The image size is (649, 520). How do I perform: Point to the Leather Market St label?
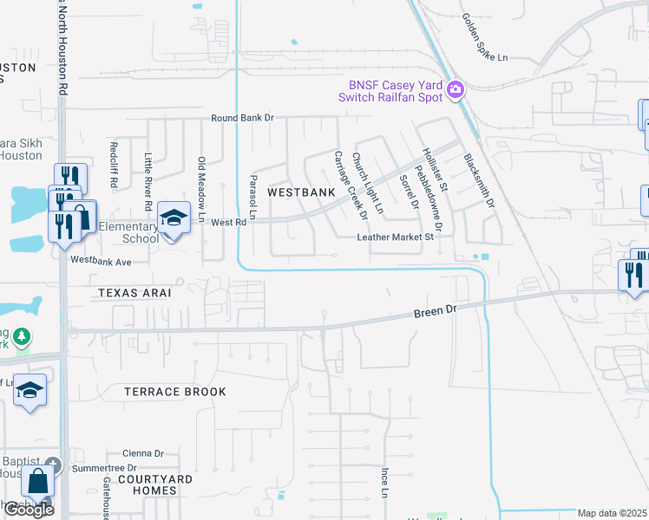click(x=395, y=237)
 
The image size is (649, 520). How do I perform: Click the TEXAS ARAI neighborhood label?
click(x=134, y=293)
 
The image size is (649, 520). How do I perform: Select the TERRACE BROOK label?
click(x=176, y=392)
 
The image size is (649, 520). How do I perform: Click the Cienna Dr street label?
click(x=142, y=453)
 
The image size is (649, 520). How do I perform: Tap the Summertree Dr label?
click(x=105, y=468)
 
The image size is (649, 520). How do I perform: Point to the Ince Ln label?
click(x=383, y=484)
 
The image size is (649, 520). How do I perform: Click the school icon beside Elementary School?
click(x=174, y=218)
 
